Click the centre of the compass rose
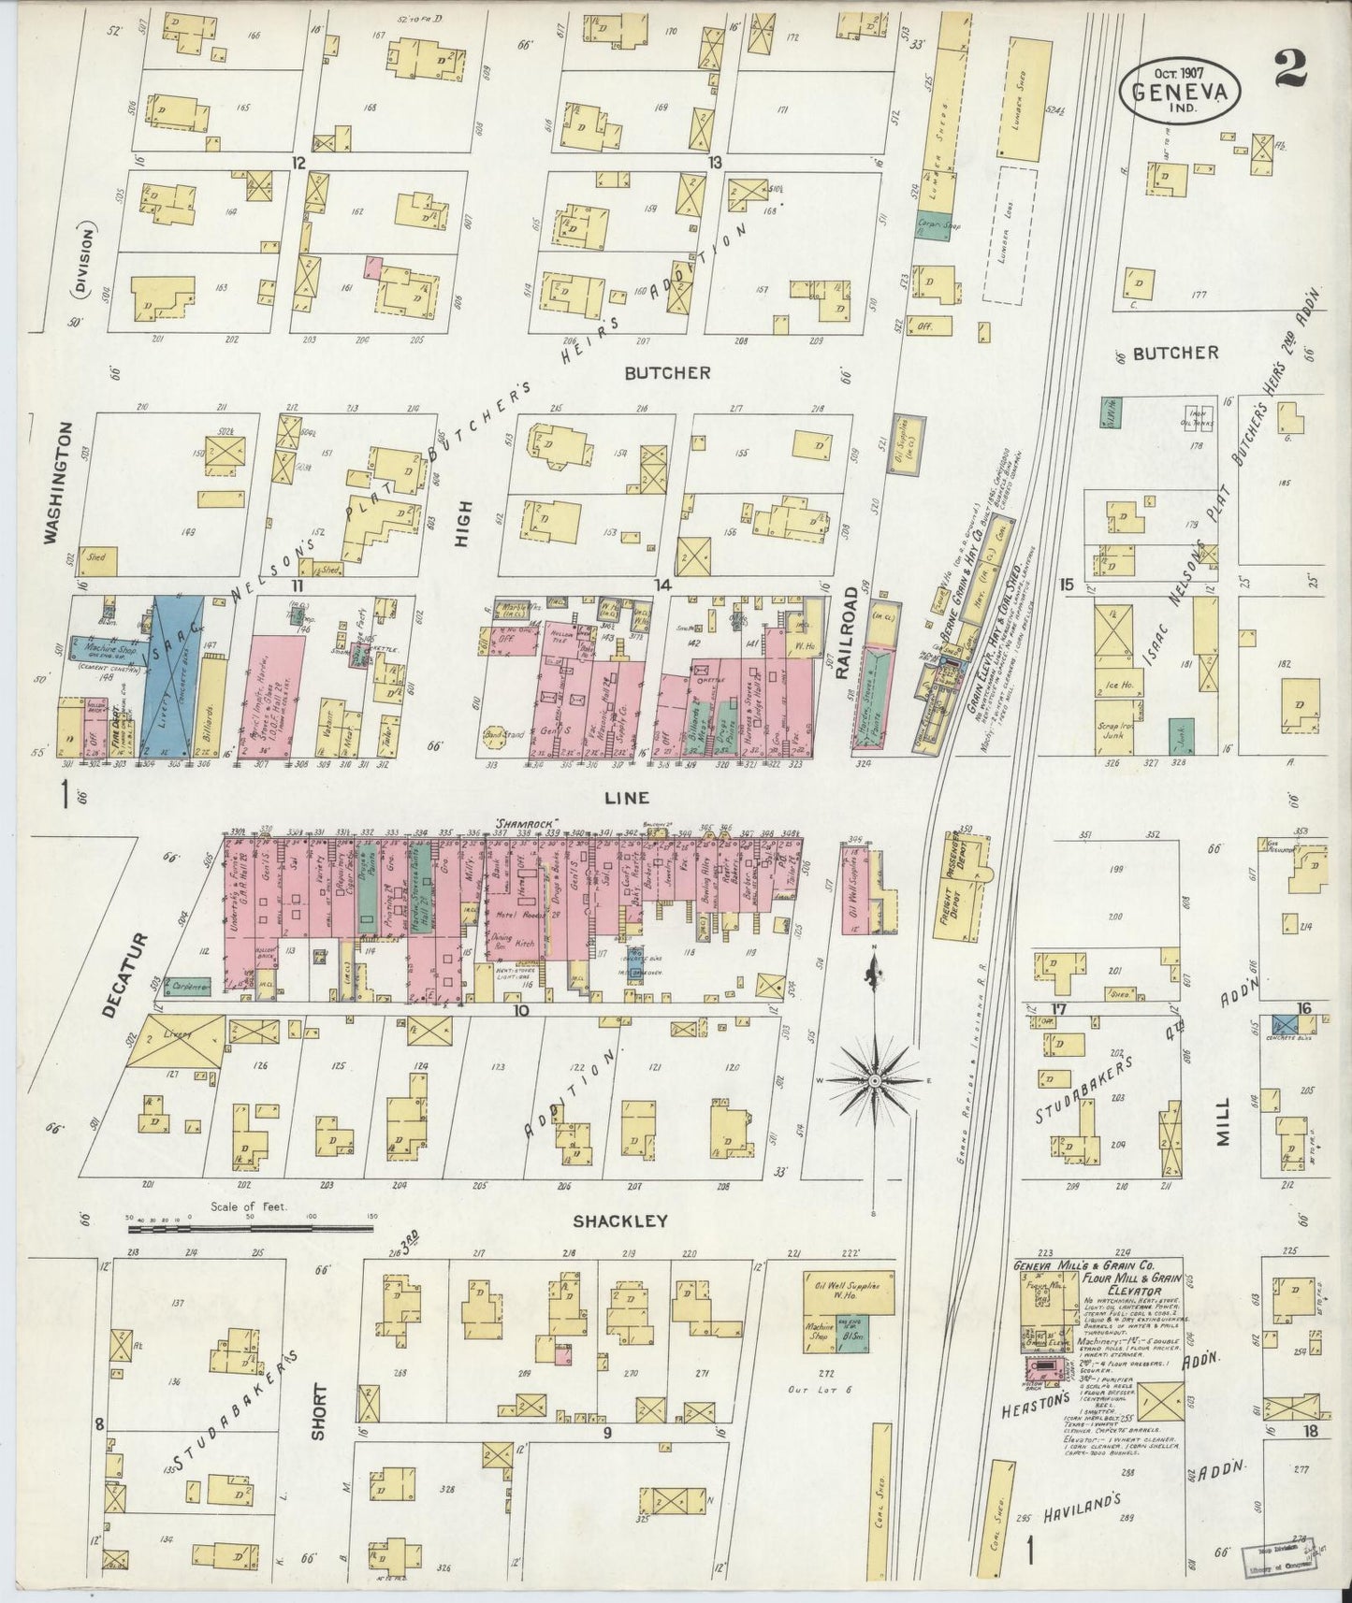coord(874,1081)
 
